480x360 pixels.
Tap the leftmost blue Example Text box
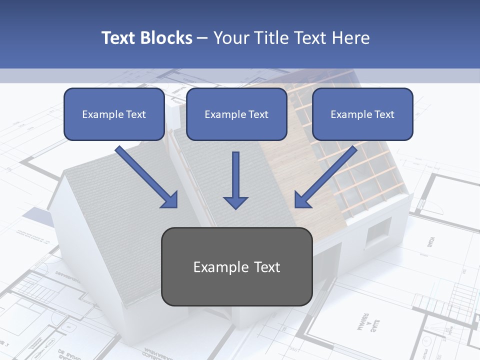point(114,114)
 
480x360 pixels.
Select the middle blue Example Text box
point(236,114)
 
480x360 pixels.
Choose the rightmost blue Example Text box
point(362,114)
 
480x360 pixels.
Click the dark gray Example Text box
point(236,266)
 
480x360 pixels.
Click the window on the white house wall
point(378,232)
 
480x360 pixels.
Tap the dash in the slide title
point(202,38)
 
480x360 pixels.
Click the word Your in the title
point(231,38)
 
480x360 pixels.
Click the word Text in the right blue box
point(384,114)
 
